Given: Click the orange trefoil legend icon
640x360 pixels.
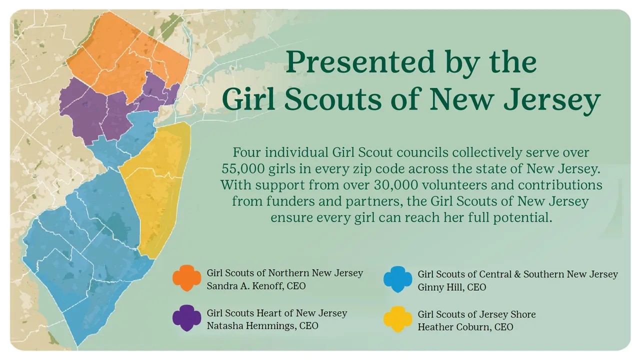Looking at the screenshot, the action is tap(186, 277).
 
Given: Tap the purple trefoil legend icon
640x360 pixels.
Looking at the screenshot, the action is tap(186, 317).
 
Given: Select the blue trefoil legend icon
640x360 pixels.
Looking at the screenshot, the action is tap(397, 279).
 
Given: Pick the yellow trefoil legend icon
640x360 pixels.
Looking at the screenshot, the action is tap(397, 319).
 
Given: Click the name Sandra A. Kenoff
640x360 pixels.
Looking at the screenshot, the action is tap(244, 286).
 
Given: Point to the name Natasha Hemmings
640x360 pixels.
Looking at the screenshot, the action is tap(251, 326).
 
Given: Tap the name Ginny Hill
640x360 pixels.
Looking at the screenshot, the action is tap(440, 287).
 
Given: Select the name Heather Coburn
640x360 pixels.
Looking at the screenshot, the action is tap(453, 327).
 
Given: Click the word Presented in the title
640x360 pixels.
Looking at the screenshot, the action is tap(361, 62).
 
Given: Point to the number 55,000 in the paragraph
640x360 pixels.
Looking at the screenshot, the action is tap(242, 169).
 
